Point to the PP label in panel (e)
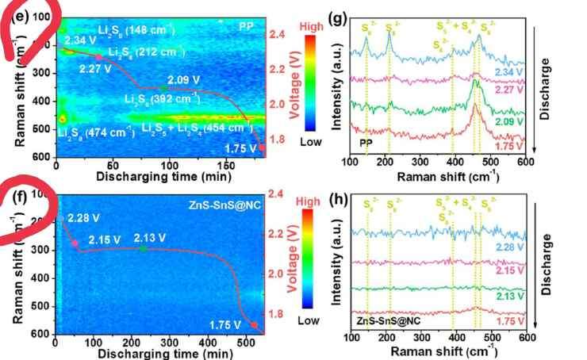pyautogui.click(x=247, y=25)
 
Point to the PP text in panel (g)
pyautogui.click(x=366, y=143)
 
